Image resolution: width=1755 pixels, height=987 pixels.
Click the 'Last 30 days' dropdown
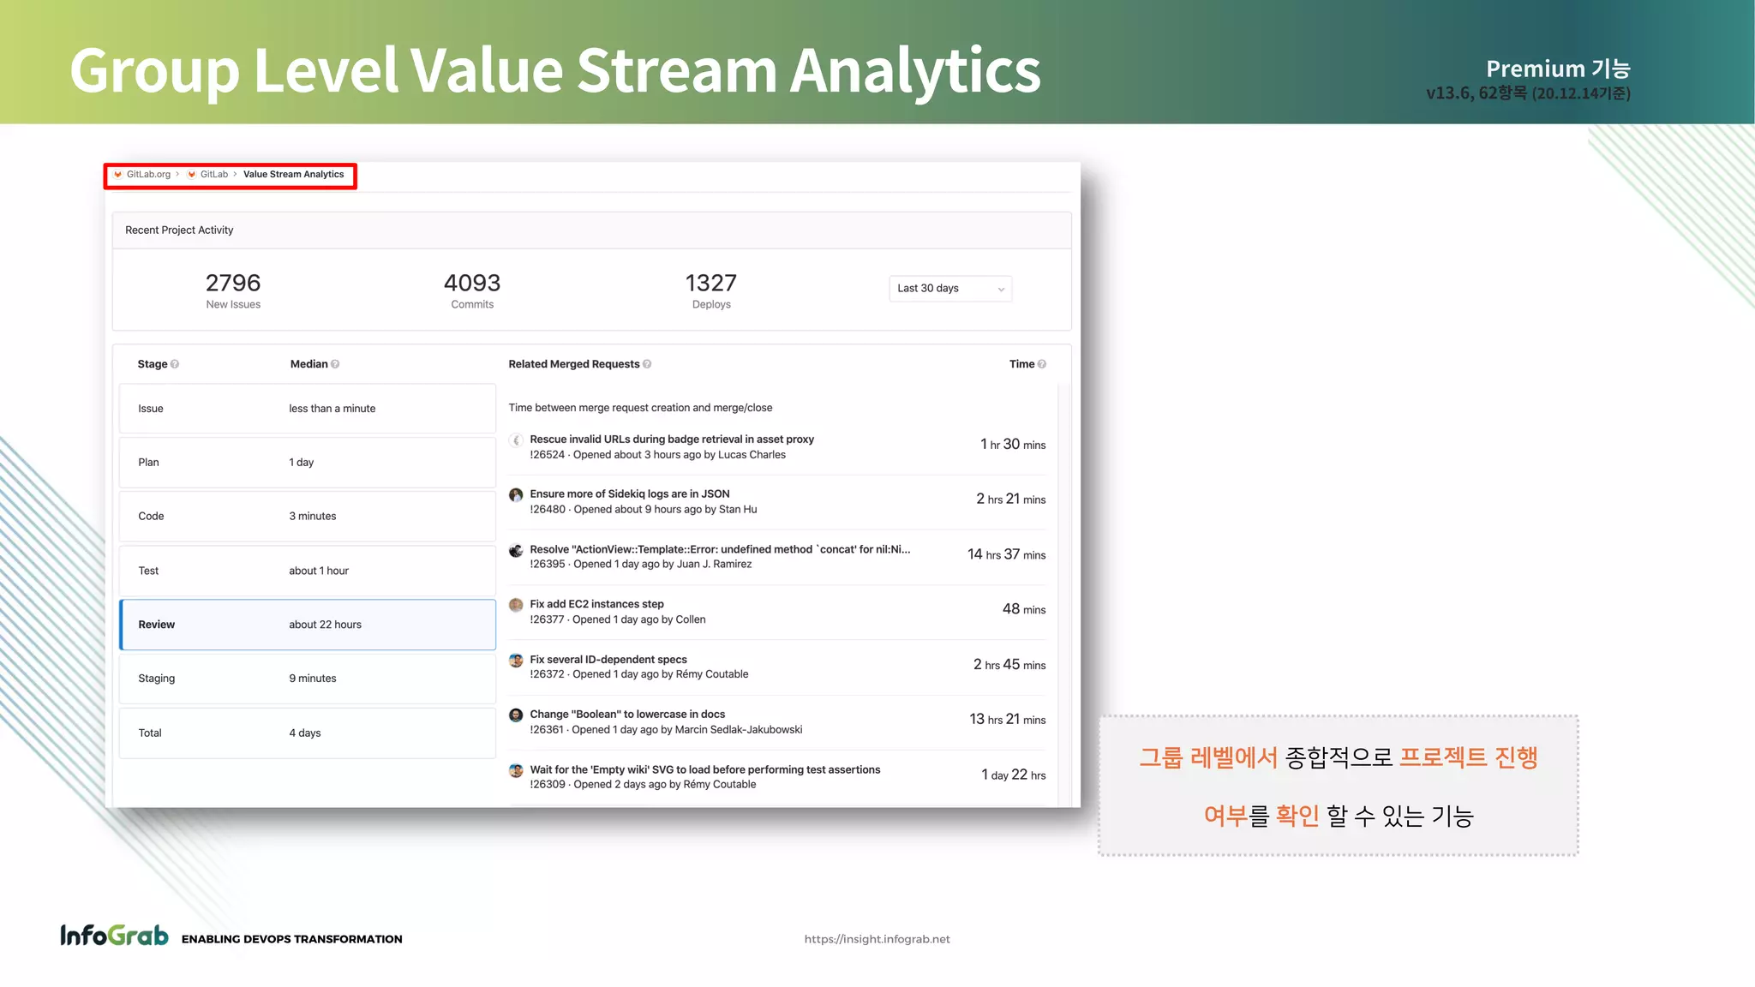[949, 289]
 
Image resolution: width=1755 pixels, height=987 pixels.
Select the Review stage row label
[156, 625]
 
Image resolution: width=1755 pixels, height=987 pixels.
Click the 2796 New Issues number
[233, 283]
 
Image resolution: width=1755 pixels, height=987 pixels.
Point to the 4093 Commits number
[472, 283]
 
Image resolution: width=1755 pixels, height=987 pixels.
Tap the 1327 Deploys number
[711, 283]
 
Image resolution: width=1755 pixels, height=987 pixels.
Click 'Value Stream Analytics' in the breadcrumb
[293, 175]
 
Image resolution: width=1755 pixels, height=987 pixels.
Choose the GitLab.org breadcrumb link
[148, 175]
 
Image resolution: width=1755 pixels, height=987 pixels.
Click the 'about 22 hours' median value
[325, 625]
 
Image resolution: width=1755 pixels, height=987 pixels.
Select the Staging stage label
[156, 679]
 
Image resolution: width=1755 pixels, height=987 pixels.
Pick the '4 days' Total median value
[305, 733]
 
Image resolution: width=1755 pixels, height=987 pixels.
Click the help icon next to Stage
[175, 364]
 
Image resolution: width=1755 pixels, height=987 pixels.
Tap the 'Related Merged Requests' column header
[573, 364]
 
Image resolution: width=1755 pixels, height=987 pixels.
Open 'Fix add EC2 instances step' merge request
[596, 604]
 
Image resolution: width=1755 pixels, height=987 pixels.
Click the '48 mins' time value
[1023, 609]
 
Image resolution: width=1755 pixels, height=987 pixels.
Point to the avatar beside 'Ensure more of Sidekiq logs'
[516, 494]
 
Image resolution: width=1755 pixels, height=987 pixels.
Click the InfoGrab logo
[114, 936]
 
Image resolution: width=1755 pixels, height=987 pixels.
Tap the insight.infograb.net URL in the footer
[877, 939]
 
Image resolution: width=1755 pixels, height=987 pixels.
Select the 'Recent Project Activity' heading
[179, 230]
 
